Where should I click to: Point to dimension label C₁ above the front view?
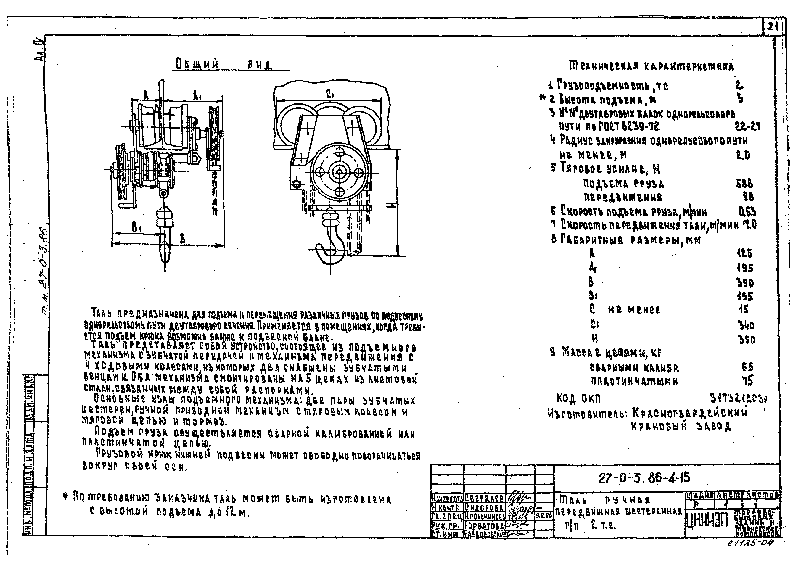pos(329,94)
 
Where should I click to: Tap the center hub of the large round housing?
pos(339,172)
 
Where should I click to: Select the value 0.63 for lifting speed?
pos(747,212)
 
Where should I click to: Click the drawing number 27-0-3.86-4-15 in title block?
pos(644,478)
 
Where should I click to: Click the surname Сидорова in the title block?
pos(484,507)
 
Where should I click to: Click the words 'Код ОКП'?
pos(578,398)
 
